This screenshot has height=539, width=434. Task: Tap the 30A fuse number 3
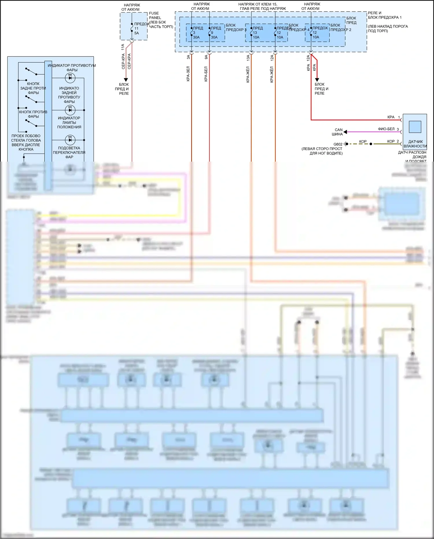coord(196,33)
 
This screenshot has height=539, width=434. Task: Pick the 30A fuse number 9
coord(214,33)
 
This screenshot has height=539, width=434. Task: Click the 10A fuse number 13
coord(256,33)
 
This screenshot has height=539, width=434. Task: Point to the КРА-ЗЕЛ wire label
coord(188,74)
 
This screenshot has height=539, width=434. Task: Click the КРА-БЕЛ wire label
coord(206,74)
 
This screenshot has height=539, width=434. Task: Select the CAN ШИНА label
coord(338,132)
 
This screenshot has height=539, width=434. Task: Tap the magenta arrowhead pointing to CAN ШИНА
coord(345,132)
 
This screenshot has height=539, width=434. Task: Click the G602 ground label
coord(338,144)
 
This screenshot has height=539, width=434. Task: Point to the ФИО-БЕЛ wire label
coord(386,129)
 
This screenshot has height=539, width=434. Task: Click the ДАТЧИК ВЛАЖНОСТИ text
coord(415,144)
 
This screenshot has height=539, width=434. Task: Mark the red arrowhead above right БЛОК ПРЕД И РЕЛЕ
coord(317,80)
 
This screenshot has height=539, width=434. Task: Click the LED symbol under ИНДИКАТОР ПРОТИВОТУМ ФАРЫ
coord(70,78)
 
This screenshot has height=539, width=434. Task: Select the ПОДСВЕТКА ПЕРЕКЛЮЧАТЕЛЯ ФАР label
coord(69,152)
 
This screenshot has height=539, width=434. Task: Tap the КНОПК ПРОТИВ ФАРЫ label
coord(33,114)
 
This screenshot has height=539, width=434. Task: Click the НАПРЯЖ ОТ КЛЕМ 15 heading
coord(258,4)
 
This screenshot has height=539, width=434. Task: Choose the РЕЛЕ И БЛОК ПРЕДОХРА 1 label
coord(385,15)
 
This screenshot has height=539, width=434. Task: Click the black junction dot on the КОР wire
coord(371,144)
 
